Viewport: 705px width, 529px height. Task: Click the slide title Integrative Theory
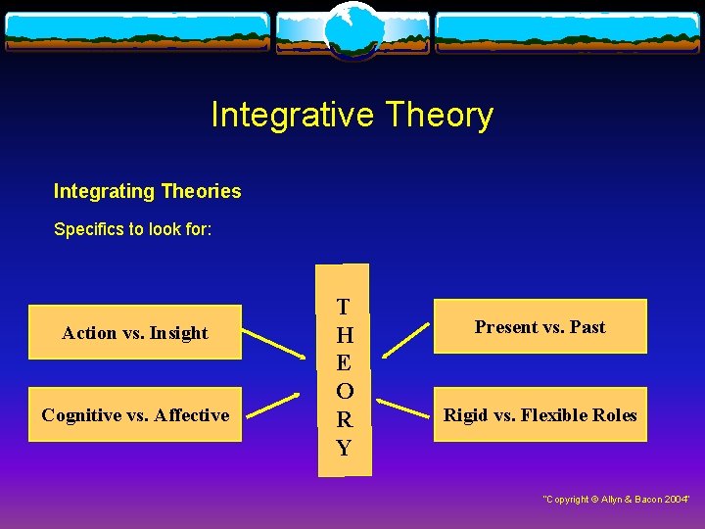352,116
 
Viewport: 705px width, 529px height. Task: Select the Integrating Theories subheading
147,191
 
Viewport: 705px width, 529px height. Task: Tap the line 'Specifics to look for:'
132,229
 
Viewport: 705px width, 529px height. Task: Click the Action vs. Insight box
135,333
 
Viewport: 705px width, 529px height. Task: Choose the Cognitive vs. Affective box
135,415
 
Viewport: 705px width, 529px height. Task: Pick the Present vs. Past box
540,327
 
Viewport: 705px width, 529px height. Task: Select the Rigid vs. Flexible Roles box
540,415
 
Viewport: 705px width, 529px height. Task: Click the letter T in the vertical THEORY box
344,307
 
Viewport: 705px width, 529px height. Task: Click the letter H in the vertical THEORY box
344,335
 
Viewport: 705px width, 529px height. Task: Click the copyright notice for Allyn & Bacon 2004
616,500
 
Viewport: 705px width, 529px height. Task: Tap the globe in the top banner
352,29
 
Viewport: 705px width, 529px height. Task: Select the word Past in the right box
587,327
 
